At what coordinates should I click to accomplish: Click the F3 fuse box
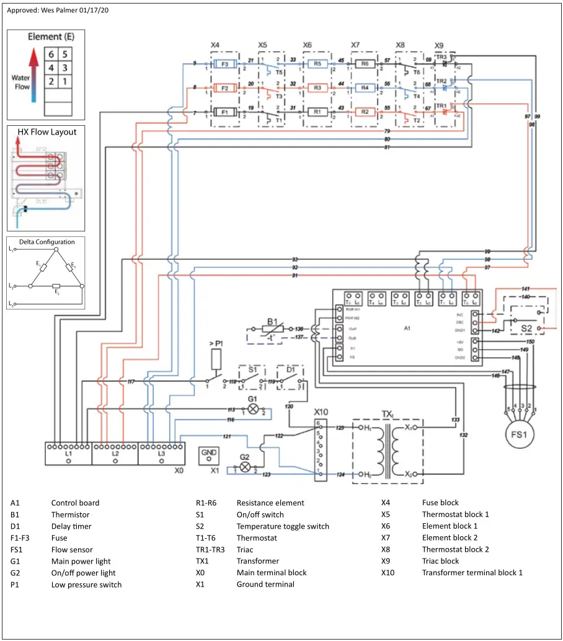(x=225, y=64)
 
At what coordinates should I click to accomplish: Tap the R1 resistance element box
(x=317, y=112)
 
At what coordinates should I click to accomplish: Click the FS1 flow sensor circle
(x=518, y=435)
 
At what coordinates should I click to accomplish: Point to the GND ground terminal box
(x=209, y=455)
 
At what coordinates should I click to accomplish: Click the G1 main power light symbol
(x=252, y=409)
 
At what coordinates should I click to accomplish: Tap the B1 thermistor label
(x=272, y=321)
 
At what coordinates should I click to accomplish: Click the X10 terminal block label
(x=321, y=412)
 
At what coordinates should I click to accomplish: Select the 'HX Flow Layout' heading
(x=47, y=132)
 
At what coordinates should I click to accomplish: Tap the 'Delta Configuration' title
(x=47, y=242)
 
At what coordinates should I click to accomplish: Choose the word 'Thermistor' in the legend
(x=70, y=515)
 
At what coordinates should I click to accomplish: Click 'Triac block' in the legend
(x=440, y=561)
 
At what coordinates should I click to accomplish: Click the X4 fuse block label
(x=215, y=45)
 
